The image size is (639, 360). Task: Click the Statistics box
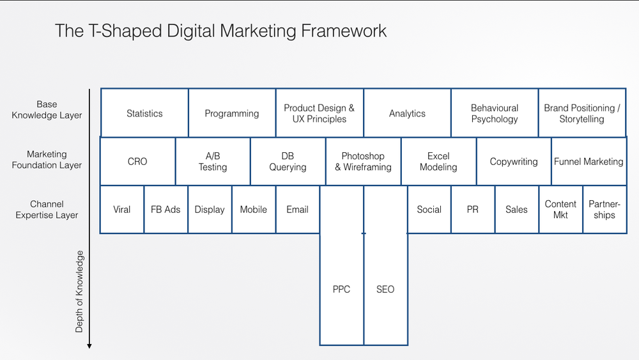click(144, 113)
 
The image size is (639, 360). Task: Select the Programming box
click(232, 113)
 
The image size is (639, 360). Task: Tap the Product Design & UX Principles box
click(319, 113)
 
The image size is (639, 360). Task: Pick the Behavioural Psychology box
click(494, 113)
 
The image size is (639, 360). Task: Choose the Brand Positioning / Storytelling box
click(581, 113)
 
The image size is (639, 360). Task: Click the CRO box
click(137, 162)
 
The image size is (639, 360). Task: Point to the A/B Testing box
click(212, 162)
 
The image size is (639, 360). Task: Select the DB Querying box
click(288, 162)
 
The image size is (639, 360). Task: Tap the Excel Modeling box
click(438, 162)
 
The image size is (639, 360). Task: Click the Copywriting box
click(514, 162)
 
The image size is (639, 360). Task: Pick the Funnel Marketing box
click(589, 162)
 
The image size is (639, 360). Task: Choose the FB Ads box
click(166, 209)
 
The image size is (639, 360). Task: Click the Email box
click(297, 209)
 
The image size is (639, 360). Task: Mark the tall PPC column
click(341, 289)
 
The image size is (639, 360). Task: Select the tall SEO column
click(385, 289)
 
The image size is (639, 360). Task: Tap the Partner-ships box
click(604, 209)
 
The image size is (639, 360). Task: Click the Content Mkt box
click(560, 209)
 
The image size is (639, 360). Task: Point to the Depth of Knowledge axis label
click(79, 292)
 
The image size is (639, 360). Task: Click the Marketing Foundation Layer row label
click(47, 160)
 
